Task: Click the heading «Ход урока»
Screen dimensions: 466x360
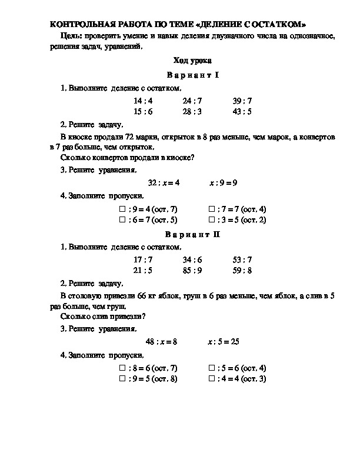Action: point(192,61)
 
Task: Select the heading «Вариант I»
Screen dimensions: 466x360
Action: point(192,75)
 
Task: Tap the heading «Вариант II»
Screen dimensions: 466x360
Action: point(192,234)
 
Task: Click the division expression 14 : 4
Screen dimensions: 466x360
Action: point(143,101)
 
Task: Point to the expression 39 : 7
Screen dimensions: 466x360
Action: point(242,101)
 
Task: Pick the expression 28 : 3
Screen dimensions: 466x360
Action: point(192,111)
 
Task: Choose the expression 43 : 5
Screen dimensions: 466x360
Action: point(242,111)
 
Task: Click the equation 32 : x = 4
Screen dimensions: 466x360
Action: point(164,183)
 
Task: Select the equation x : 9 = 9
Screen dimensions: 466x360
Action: point(223,183)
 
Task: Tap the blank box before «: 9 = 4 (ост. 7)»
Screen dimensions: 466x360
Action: point(122,209)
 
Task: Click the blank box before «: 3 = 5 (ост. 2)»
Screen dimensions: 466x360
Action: point(212,220)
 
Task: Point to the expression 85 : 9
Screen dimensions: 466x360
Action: point(192,271)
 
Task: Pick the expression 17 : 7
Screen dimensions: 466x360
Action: point(143,260)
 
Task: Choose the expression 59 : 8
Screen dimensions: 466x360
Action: point(242,271)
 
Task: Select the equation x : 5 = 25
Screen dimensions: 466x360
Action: point(223,341)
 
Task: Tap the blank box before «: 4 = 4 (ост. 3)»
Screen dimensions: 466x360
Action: point(212,379)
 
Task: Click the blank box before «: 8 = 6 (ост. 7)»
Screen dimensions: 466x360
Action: point(122,368)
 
